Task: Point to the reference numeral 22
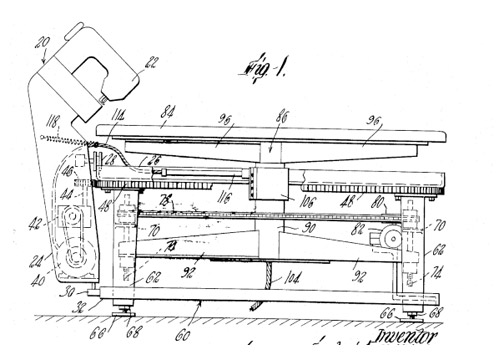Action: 152,64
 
